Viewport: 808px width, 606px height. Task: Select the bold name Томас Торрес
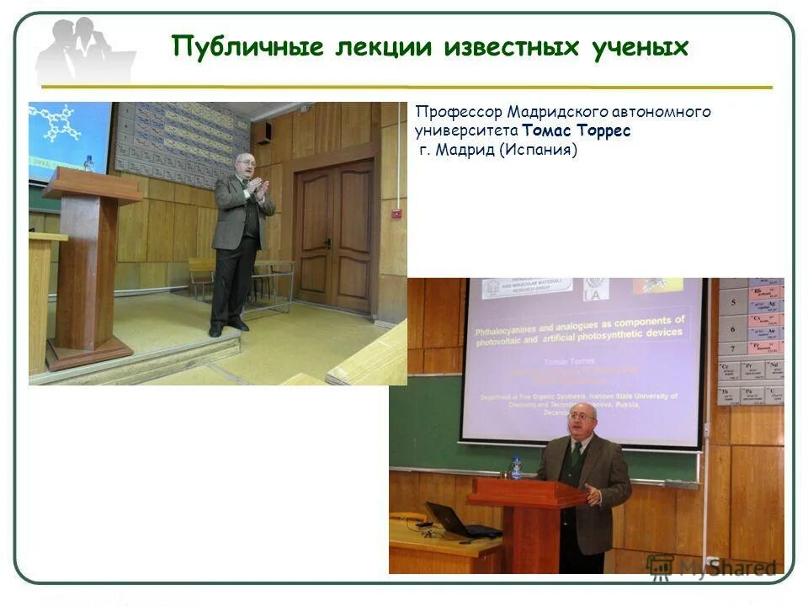[x=576, y=131]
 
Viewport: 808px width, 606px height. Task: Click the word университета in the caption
[x=465, y=131]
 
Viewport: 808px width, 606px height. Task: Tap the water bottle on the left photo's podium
[x=88, y=162]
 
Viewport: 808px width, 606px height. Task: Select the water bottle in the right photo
[x=516, y=467]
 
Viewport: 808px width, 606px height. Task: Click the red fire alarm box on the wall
[x=396, y=214]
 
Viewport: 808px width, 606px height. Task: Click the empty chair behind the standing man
[x=202, y=276]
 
